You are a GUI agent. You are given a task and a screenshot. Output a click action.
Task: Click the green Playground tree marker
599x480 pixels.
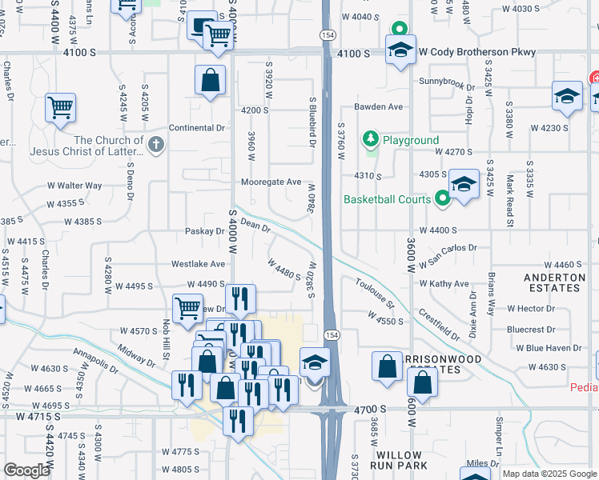point(370,140)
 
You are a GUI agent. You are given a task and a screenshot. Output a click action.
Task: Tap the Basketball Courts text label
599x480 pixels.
point(388,199)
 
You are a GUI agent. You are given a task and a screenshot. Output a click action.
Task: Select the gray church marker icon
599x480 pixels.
point(156,145)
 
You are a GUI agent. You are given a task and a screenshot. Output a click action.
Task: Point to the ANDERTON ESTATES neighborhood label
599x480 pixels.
point(553,282)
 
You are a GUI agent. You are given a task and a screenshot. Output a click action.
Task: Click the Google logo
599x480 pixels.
point(26,470)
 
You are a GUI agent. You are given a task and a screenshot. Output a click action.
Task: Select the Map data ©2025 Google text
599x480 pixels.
point(549,474)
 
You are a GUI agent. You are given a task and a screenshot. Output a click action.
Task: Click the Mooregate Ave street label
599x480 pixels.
point(272,182)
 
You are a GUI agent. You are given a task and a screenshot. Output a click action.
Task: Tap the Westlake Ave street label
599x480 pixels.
point(199,263)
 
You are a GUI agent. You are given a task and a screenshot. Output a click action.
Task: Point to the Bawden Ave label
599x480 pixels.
point(378,106)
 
